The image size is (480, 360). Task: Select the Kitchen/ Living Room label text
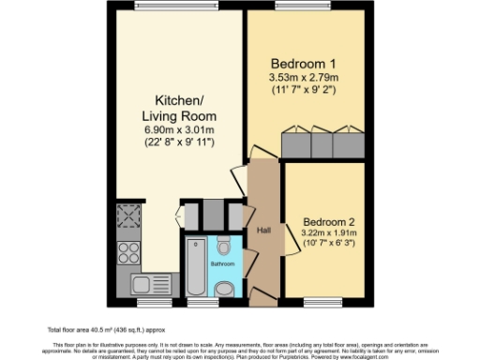click(172, 108)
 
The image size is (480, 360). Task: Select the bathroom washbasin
click(226, 290)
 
